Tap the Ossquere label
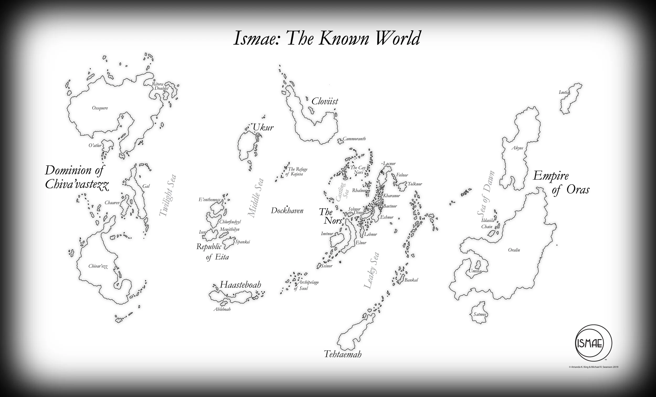(x=100, y=108)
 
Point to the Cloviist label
(x=325, y=101)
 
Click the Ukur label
(x=263, y=128)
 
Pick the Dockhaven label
(x=287, y=211)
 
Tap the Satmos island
(x=480, y=314)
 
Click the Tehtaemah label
(x=343, y=354)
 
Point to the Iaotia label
(x=564, y=93)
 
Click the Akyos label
(x=517, y=148)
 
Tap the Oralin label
(x=514, y=250)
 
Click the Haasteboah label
(x=240, y=285)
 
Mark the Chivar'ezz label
(x=98, y=266)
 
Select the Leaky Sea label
(x=372, y=270)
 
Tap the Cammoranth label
(x=354, y=139)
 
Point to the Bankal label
(x=411, y=280)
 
